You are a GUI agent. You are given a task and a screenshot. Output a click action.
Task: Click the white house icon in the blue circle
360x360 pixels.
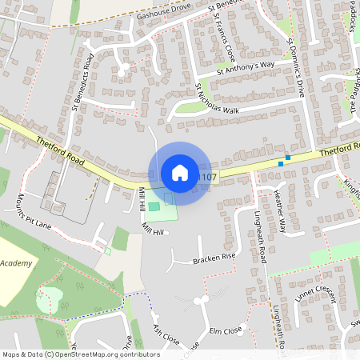point(180,173)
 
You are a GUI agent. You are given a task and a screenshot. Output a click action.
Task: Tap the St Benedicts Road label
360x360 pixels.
point(83,80)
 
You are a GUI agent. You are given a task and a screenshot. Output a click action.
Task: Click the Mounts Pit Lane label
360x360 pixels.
point(32,211)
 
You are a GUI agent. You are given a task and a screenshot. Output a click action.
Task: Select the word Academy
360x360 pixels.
point(16,263)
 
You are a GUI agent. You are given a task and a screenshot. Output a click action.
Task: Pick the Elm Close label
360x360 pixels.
point(226,330)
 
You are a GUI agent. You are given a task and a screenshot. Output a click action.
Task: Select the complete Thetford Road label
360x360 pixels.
point(58,149)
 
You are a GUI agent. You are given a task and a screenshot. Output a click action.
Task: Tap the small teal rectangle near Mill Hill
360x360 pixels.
point(154,206)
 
